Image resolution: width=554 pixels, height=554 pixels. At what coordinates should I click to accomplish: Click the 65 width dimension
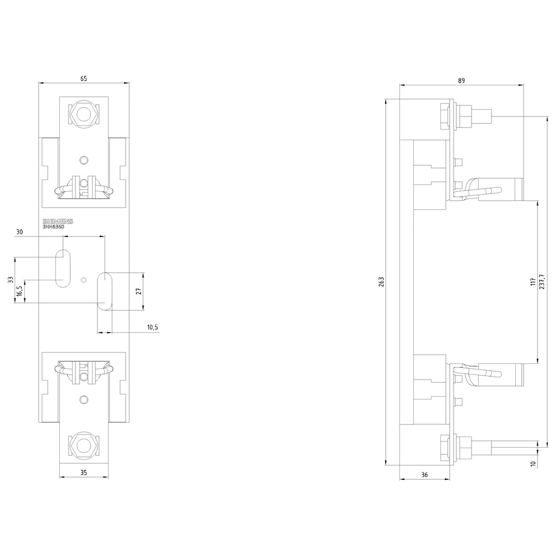pos(84,79)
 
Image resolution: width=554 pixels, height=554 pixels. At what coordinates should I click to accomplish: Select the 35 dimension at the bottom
pos(84,473)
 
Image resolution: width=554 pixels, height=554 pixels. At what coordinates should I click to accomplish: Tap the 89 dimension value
pos(461,80)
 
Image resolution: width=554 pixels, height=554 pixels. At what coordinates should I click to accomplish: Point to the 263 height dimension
pos(381,281)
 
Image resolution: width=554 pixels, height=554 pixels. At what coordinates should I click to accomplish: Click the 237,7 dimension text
pos(542,281)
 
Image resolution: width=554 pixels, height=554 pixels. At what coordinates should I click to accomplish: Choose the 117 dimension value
pos(533,281)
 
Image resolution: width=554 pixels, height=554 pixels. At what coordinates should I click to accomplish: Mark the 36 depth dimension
pos(424,475)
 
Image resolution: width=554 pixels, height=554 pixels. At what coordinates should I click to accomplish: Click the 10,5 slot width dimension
pos(152,327)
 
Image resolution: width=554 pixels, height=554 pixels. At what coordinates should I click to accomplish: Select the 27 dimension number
pos(138,291)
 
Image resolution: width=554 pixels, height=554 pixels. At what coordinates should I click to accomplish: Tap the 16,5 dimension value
pos(19,291)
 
